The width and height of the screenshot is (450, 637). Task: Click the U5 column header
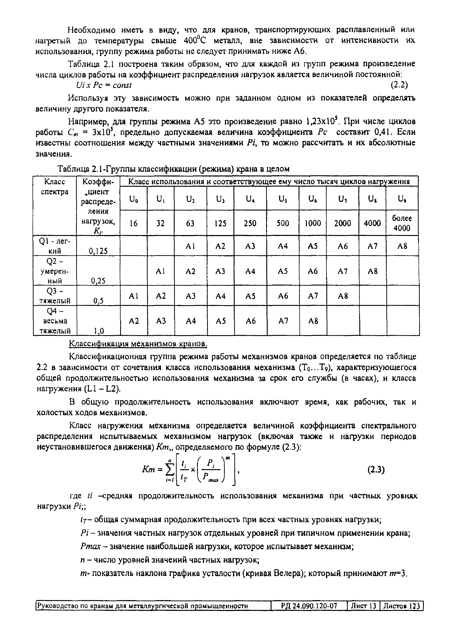click(283, 199)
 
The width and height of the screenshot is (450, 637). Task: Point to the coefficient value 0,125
click(98, 251)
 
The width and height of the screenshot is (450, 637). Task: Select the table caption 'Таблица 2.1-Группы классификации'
click(173, 169)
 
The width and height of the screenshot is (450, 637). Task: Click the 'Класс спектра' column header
click(55, 187)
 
